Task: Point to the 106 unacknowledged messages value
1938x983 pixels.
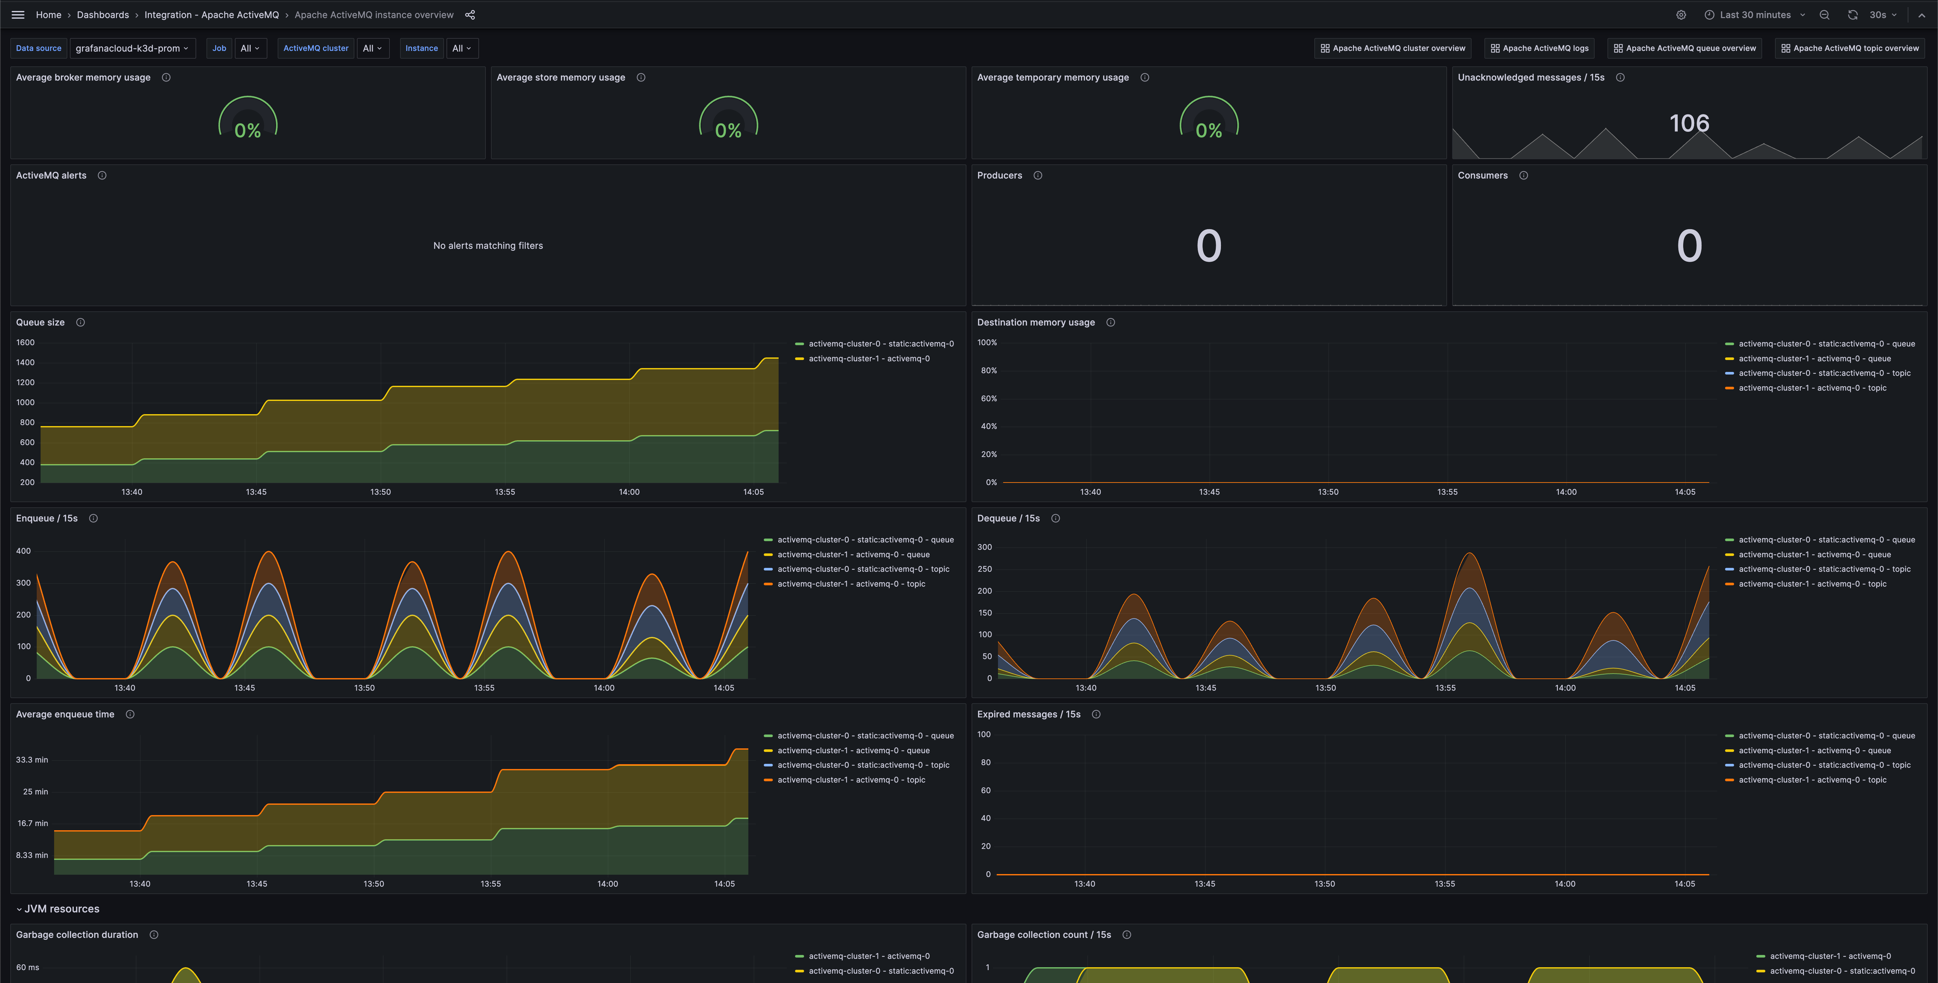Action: (1689, 123)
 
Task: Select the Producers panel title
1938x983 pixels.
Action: (999, 175)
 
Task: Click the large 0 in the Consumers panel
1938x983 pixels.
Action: (1689, 246)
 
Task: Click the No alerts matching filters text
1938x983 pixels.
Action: (487, 245)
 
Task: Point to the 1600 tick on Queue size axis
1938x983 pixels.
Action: (25, 343)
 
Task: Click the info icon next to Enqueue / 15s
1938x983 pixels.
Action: (93, 519)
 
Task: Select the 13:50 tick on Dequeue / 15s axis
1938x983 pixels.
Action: (1325, 688)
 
